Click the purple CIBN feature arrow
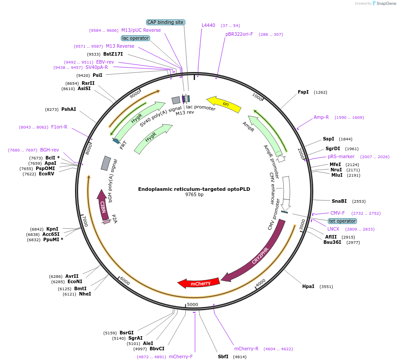(102, 205)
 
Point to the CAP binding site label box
(165, 22)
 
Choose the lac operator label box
(135, 38)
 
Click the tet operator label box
(342, 221)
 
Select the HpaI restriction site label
(308, 287)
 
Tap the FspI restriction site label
(303, 92)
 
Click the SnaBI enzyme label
(339, 201)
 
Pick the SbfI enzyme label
(223, 356)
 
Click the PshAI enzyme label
(68, 109)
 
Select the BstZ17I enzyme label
(113, 54)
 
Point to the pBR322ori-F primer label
(239, 34)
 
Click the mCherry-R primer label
(246, 349)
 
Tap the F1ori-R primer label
(59, 127)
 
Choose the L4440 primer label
(208, 25)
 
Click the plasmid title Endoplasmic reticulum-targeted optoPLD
(194, 189)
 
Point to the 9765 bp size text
(194, 195)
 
